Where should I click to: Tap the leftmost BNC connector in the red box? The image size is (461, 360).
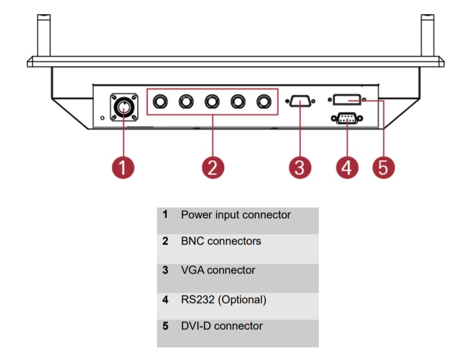click(x=160, y=102)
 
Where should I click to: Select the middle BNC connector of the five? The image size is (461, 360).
click(x=212, y=102)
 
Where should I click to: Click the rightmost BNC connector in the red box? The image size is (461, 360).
click(x=265, y=102)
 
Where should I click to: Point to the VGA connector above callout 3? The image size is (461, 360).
click(x=300, y=101)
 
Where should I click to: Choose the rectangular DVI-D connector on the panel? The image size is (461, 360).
click(x=347, y=100)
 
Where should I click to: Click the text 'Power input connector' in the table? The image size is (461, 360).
click(x=236, y=215)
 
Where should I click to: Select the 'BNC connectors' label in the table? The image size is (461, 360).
click(x=221, y=241)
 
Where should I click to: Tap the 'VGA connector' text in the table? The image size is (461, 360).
click(x=218, y=270)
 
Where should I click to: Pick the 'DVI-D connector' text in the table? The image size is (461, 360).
click(x=221, y=327)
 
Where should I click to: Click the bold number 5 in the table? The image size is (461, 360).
click(x=165, y=327)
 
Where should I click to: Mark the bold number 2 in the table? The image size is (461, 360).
click(x=165, y=241)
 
